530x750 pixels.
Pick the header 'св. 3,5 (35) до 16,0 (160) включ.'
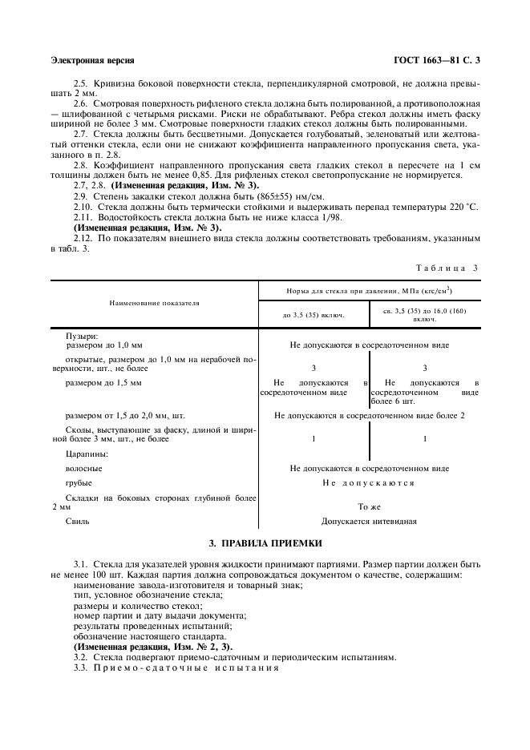coord(424,314)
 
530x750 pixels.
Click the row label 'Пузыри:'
coord(82,336)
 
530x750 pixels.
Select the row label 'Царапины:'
coord(86,454)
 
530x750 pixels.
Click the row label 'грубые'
coord(79,483)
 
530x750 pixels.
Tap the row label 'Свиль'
coord(77,521)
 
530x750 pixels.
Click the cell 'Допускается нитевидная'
coord(369,521)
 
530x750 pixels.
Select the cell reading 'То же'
coord(369,507)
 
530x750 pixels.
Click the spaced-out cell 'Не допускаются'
coord(369,483)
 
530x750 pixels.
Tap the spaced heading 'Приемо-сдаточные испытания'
coord(187,668)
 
